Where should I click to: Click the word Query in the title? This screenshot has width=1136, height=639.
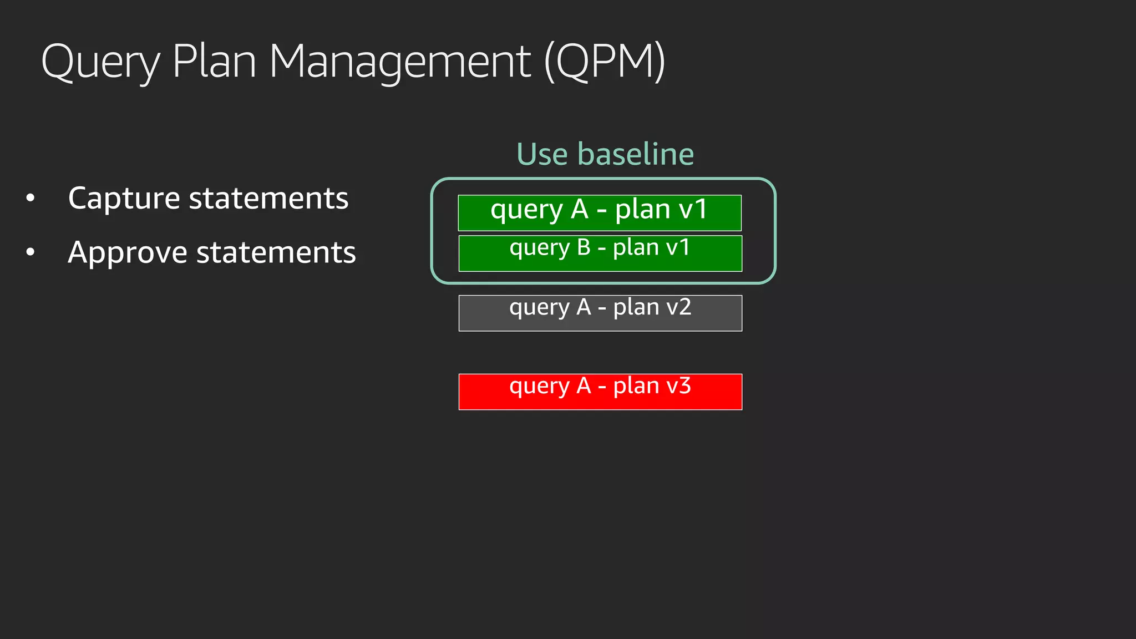click(100, 62)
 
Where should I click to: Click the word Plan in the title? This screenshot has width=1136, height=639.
click(214, 61)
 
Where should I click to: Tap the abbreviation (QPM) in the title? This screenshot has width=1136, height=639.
click(605, 62)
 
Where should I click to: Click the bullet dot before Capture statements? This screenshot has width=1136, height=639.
click(31, 198)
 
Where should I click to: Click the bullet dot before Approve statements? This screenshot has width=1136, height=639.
click(31, 252)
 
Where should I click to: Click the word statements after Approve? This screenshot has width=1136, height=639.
click(276, 253)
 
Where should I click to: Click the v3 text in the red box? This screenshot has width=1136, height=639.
click(678, 386)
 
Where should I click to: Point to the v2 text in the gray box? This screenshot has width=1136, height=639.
click(678, 307)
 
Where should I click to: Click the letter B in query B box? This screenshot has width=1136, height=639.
click(584, 247)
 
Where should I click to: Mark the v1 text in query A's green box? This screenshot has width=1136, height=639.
click(693, 210)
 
